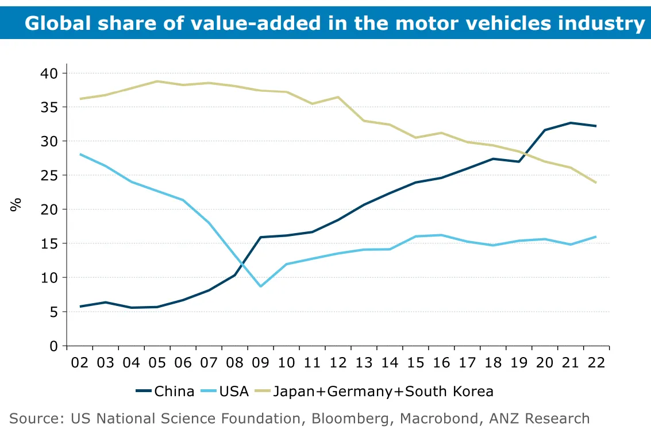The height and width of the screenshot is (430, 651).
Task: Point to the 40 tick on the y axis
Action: pos(50,73)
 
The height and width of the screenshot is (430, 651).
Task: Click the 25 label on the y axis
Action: pos(50,175)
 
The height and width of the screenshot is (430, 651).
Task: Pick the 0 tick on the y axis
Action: pos(54,346)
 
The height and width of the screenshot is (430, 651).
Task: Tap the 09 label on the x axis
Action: pos(260,363)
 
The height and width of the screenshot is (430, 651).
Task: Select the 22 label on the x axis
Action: pos(596,363)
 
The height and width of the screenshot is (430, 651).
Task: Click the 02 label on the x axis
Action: pos(80,363)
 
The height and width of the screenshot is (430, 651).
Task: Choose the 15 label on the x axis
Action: pos(415,363)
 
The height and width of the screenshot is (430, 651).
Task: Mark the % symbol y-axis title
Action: pos(16,204)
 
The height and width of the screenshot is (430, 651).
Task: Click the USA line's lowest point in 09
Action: pos(261,286)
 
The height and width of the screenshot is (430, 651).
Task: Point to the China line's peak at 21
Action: pos(571,123)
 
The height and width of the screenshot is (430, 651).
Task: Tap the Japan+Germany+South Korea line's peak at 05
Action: pos(157,82)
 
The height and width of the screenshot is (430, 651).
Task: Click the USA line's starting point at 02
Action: pos(80,154)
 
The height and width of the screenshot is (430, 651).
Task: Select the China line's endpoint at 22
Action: pos(596,126)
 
